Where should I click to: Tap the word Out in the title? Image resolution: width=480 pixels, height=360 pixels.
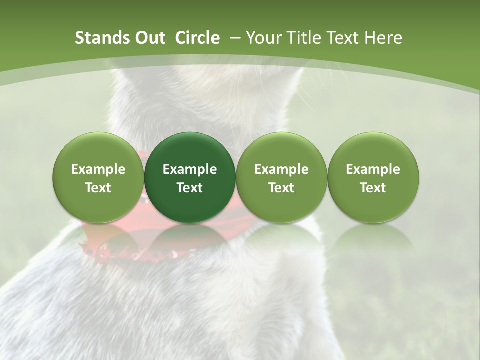click(149, 38)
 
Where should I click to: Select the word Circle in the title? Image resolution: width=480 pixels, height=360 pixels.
click(197, 38)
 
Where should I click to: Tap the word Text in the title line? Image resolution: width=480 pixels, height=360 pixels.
click(341, 38)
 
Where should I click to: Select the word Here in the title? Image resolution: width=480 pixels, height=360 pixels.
click(383, 38)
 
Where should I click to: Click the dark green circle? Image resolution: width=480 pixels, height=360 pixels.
click(190, 177)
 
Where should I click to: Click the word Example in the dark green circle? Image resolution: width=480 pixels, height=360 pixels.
click(190, 169)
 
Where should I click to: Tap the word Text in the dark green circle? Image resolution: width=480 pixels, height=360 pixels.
click(190, 188)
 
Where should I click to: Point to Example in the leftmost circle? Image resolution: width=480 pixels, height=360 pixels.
click(98, 169)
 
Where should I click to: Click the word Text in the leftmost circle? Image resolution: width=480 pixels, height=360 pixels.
click(98, 188)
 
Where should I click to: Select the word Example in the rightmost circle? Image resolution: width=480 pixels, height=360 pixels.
click(373, 169)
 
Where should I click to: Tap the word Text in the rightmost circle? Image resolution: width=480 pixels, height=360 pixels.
click(373, 188)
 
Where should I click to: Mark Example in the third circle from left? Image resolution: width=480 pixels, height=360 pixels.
click(281, 169)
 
